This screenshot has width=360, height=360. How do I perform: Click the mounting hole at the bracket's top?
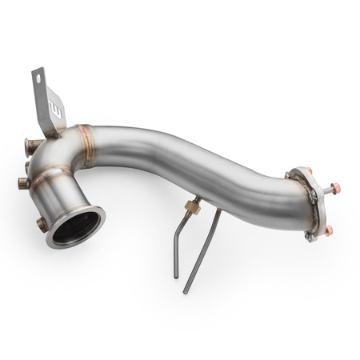[38, 79]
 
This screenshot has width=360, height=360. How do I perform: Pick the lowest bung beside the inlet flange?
[41, 225]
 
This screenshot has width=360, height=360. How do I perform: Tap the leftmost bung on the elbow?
[22, 183]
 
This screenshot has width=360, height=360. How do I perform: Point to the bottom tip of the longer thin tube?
[185, 292]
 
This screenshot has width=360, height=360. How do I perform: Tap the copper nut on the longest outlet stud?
[337, 188]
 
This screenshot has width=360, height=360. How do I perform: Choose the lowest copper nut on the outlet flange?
[329, 230]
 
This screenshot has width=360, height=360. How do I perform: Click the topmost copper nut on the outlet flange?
[308, 170]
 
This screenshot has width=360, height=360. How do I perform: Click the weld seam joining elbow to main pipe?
[86, 142]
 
